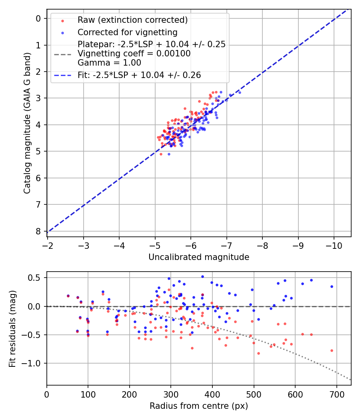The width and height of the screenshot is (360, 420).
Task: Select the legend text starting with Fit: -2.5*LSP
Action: [139, 75]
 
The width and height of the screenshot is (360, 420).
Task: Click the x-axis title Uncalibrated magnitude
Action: [199, 257]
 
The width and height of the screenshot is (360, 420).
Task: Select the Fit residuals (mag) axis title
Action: [12, 329]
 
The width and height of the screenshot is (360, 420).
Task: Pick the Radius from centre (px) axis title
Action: [199, 406]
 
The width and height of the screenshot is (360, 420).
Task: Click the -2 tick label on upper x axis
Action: [48, 244]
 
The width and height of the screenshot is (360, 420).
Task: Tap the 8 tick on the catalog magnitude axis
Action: [38, 231]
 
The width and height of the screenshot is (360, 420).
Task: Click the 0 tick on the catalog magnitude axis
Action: [38, 18]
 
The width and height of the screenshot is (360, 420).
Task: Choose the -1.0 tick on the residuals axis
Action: [34, 363]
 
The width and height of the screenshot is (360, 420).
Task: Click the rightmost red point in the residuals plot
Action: [332, 350]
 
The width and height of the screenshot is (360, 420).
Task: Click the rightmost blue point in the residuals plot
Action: [332, 286]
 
